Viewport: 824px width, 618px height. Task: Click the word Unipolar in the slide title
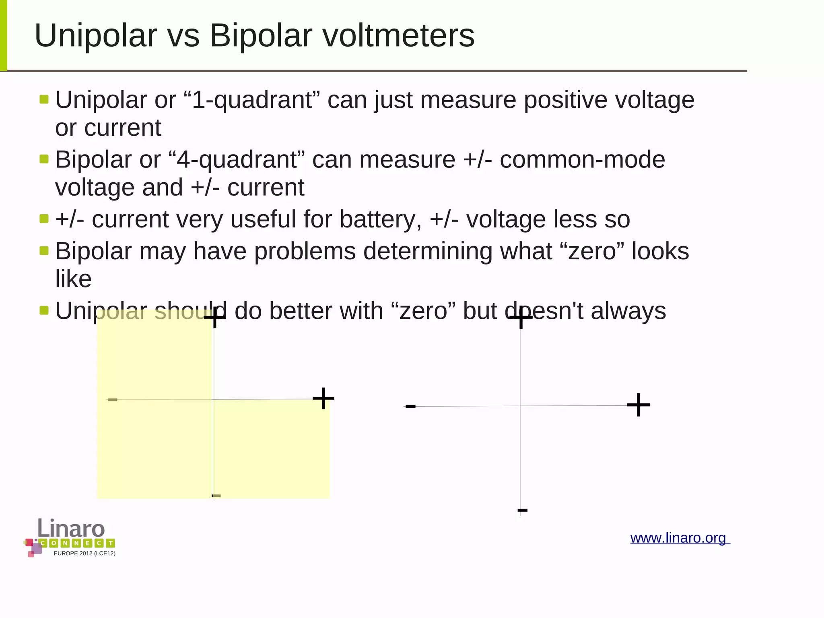pyautogui.click(x=96, y=36)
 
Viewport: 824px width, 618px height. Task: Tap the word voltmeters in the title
pyautogui.click(x=399, y=36)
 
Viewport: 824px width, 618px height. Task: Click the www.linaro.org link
pyautogui.click(x=680, y=538)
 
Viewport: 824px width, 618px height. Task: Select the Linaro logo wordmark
pyautogui.click(x=71, y=528)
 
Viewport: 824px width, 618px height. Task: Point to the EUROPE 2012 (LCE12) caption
pyautogui.click(x=84, y=554)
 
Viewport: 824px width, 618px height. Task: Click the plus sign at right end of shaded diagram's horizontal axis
pyautogui.click(x=323, y=399)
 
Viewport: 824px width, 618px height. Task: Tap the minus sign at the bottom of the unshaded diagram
pyautogui.click(x=522, y=511)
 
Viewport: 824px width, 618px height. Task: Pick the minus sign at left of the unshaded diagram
pyautogui.click(x=410, y=406)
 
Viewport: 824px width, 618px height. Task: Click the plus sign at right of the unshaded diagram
pyautogui.click(x=639, y=405)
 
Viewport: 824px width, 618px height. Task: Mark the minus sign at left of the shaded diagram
pyautogui.click(x=113, y=400)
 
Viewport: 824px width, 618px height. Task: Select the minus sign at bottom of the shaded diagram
pyautogui.click(x=216, y=496)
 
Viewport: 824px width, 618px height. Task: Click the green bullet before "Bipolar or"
pyautogui.click(x=44, y=159)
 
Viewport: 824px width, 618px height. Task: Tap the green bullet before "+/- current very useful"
pyautogui.click(x=44, y=219)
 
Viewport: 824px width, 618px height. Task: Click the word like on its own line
pyautogui.click(x=73, y=279)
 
